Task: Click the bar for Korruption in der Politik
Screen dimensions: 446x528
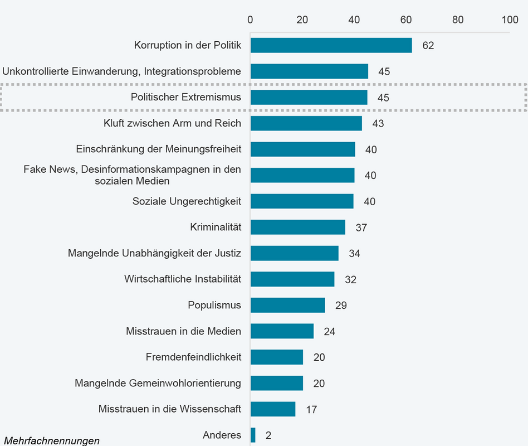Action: coord(331,45)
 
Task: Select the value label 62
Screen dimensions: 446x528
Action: coord(428,46)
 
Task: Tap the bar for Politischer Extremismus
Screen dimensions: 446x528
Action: coord(309,97)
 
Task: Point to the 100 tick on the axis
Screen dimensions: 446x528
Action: coord(510,20)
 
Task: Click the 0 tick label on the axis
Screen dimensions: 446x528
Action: coord(250,20)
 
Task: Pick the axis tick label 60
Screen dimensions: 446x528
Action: coord(406,20)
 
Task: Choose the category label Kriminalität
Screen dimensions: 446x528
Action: coord(216,227)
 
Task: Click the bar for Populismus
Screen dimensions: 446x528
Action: coord(287,305)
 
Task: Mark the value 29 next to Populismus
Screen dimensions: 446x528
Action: coord(341,306)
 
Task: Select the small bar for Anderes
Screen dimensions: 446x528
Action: coord(253,435)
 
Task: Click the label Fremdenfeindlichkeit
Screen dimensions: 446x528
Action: coord(193,357)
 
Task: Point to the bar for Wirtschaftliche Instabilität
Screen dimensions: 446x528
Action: coord(292,279)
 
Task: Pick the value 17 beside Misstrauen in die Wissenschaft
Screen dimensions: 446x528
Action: coord(311,410)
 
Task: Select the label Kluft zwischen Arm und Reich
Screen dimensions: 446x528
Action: coord(172,123)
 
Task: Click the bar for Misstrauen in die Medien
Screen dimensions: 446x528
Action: coord(282,331)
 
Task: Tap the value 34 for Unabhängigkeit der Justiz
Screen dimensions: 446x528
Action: coord(354,254)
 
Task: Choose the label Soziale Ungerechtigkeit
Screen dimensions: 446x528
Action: coord(187,201)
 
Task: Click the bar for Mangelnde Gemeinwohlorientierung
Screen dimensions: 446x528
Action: coord(276,383)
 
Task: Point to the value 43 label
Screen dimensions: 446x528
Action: coord(378,124)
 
